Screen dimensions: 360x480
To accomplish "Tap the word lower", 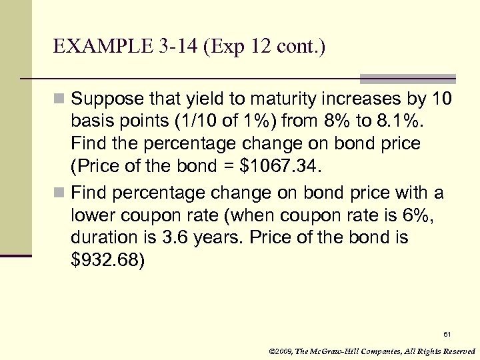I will pos(91,215).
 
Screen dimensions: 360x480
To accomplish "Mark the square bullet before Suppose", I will pos(60,100).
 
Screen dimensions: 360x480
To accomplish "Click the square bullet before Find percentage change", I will pos(60,193).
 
